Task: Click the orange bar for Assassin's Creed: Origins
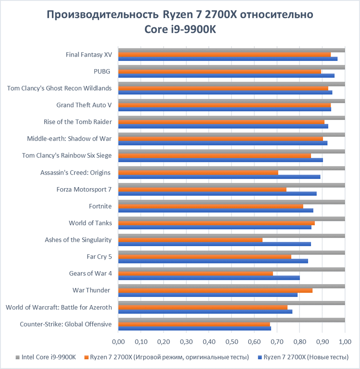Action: [198, 172]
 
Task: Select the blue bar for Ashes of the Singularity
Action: [215, 244]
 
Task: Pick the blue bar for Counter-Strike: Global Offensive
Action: [194, 328]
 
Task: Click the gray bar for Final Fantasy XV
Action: [231, 50]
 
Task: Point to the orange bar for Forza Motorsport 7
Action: [202, 189]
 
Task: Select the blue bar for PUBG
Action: [226, 75]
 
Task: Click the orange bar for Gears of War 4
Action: [195, 274]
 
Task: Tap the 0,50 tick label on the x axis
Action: [231, 342]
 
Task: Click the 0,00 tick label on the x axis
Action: [118, 342]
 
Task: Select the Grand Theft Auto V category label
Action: [84, 105]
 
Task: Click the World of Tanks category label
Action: [90, 223]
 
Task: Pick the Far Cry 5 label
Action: [99, 256]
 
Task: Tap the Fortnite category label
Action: [100, 206]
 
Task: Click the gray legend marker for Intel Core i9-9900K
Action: [17, 357]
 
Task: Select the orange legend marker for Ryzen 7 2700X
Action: [87, 357]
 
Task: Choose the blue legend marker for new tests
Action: [260, 357]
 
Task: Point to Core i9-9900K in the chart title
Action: [180, 30]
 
